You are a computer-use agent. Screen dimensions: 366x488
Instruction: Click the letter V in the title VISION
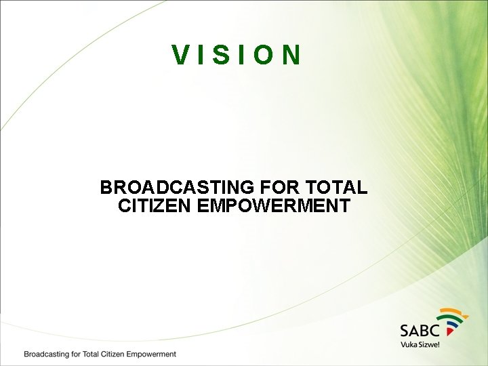point(180,55)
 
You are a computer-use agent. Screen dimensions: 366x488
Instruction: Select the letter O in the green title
point(265,55)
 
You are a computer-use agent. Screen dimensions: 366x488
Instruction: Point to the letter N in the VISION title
point(291,55)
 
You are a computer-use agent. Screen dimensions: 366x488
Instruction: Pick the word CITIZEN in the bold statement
point(155,206)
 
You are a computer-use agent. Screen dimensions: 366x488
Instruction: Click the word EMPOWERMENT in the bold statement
point(274,206)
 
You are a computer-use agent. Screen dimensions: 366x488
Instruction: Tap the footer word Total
point(87,354)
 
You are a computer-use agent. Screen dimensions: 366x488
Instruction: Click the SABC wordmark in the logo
point(420,330)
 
